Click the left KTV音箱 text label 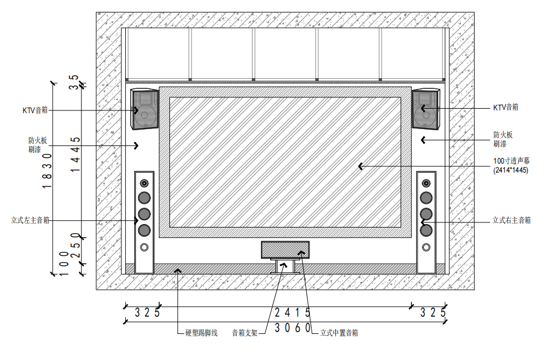(x=35, y=110)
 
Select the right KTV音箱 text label (x=505, y=107)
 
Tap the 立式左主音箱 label (x=30, y=220)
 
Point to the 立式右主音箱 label (x=511, y=220)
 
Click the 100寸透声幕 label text (x=511, y=161)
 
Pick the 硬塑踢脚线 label (x=201, y=333)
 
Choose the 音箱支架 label (x=245, y=333)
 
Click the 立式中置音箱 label (x=339, y=333)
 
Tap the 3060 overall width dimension (x=293, y=328)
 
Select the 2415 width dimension (x=293, y=312)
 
